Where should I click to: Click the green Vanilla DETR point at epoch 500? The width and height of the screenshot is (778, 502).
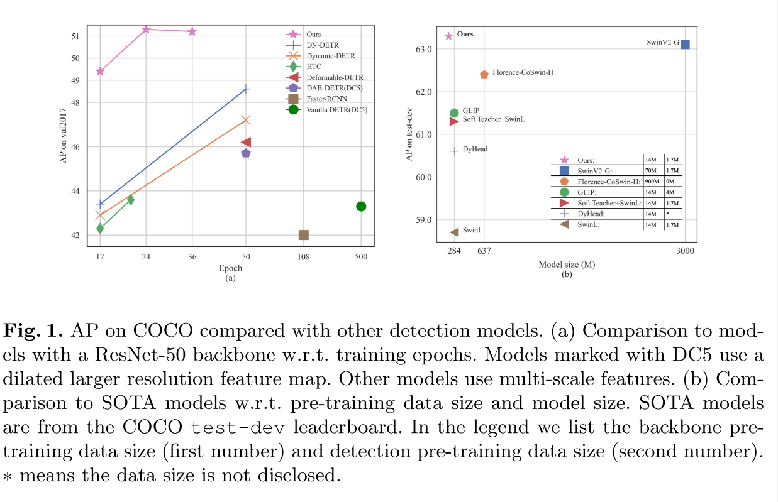pyautogui.click(x=361, y=206)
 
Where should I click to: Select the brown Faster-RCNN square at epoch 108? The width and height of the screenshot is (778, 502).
pyautogui.click(x=303, y=234)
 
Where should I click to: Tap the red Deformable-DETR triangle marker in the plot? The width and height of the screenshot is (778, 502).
pyautogui.click(x=246, y=143)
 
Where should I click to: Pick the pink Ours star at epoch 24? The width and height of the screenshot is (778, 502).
pyautogui.click(x=146, y=29)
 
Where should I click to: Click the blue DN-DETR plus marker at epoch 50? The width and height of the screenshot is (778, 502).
pyautogui.click(x=246, y=89)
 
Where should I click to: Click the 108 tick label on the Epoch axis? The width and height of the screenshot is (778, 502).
pyautogui.click(x=303, y=256)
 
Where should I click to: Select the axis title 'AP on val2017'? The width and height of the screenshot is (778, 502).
pyautogui.click(x=63, y=136)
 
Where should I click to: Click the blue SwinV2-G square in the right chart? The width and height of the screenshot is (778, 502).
pyautogui.click(x=685, y=44)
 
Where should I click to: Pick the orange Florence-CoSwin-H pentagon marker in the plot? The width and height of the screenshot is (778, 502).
pyautogui.click(x=484, y=74)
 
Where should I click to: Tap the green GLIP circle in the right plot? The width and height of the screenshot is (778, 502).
pyautogui.click(x=454, y=113)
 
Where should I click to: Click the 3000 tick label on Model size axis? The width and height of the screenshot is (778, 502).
pyautogui.click(x=685, y=251)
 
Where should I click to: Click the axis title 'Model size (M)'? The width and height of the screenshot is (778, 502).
pyautogui.click(x=567, y=265)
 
